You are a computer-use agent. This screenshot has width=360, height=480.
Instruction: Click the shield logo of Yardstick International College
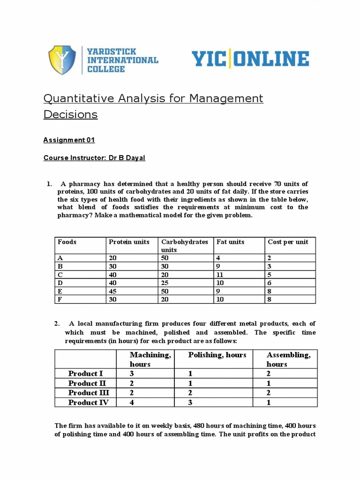point(62,60)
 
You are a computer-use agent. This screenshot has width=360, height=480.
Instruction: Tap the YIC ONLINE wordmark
point(250,59)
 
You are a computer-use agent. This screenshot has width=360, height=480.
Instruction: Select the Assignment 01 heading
point(69,140)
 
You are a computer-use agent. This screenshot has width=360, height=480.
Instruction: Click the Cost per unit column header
point(288,242)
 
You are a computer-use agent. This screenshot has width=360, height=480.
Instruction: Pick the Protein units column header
point(129,242)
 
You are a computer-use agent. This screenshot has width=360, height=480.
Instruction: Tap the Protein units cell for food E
point(113,291)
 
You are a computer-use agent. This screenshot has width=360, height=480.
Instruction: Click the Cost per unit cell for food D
point(270,283)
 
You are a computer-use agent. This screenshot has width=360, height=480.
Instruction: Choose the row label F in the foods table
point(60,300)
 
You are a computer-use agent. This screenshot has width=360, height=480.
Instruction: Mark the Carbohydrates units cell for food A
point(165,257)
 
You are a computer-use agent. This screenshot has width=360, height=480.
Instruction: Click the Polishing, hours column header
point(217,355)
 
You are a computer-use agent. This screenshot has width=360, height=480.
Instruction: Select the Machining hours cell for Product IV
point(132,402)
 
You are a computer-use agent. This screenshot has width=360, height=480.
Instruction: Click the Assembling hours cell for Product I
point(269,374)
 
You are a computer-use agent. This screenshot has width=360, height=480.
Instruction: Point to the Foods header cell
point(67,242)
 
